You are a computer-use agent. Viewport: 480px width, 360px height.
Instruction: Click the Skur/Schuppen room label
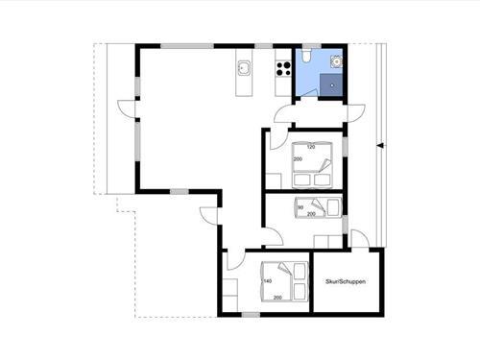coord(346,282)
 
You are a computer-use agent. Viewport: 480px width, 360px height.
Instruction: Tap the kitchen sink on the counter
coord(244,67)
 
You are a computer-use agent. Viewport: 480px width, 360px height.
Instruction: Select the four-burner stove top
coord(283,67)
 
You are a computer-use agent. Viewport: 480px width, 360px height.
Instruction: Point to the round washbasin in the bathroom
coord(335,60)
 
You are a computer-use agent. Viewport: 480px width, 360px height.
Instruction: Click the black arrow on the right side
coord(381,146)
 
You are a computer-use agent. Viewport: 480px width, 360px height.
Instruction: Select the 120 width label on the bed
coord(311,146)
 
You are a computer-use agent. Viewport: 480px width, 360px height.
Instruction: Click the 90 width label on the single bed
coord(301,206)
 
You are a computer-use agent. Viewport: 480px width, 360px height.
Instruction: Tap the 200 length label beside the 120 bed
coord(298,160)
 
